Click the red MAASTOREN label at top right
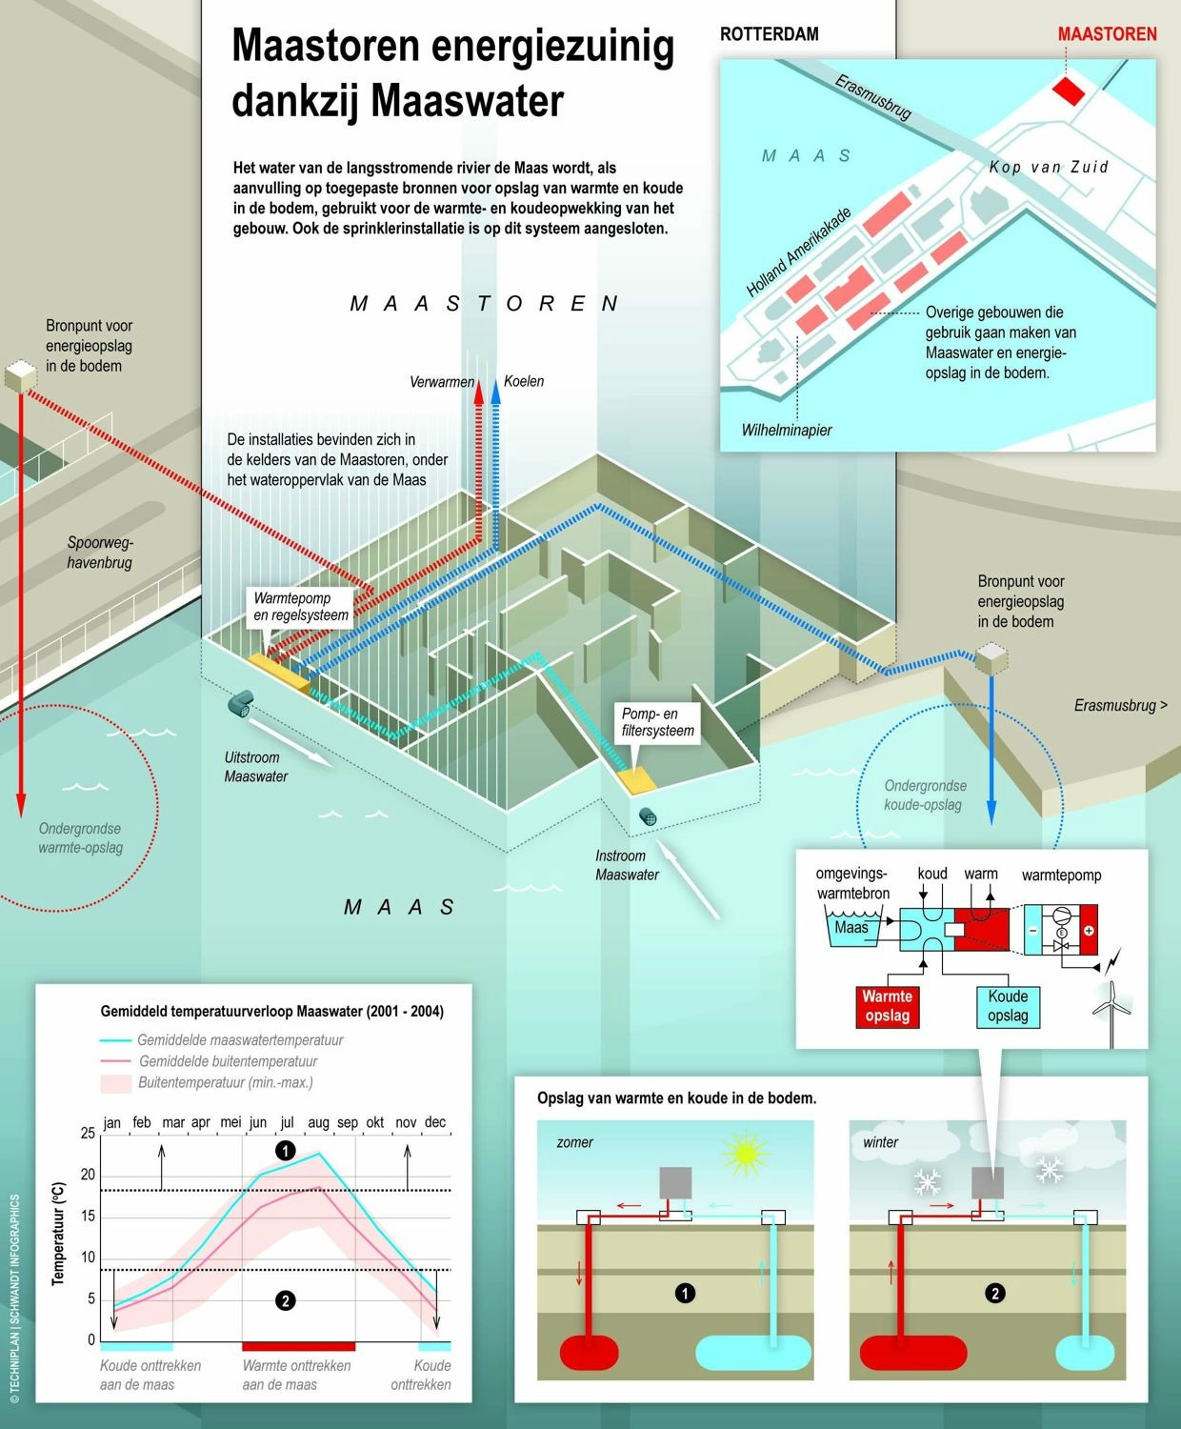[1107, 34]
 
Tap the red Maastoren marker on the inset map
[1068, 91]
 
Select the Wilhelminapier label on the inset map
[787, 430]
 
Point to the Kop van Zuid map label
[1049, 167]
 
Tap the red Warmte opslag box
[887, 1006]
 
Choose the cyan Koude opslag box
[1008, 1006]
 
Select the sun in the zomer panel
[745, 1154]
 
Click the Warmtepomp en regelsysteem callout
[301, 607]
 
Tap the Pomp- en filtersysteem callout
[658, 722]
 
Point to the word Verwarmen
[442, 382]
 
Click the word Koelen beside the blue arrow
[524, 381]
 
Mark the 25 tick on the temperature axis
[88, 1133]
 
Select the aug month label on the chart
[318, 1122]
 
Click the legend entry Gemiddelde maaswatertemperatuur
[240, 1040]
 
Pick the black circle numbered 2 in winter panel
[995, 1293]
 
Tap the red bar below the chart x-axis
[298, 1346]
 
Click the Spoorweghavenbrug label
[100, 553]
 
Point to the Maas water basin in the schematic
[851, 929]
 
